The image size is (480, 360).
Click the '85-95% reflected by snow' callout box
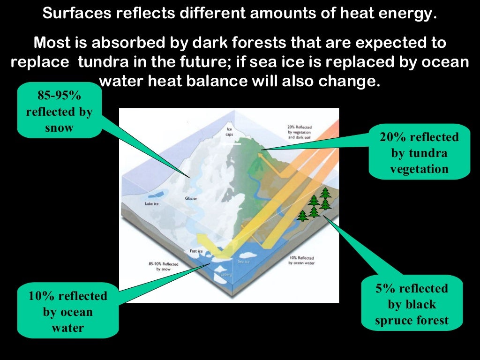pos(60,112)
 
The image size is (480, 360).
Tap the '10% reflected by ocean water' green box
pos(67,312)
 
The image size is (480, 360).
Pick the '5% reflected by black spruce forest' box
pos(412,304)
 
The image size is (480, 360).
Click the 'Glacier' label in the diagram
pos(191,199)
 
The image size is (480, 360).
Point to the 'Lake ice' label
pos(153,204)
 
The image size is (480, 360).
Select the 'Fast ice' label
pos(196,251)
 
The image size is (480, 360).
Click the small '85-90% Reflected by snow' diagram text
pos(164,267)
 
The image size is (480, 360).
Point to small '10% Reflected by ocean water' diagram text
pos(302,260)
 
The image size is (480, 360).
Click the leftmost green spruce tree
pos(303,216)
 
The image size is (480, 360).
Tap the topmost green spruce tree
pos(324,193)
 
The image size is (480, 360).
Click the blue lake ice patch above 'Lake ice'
pos(157,194)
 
